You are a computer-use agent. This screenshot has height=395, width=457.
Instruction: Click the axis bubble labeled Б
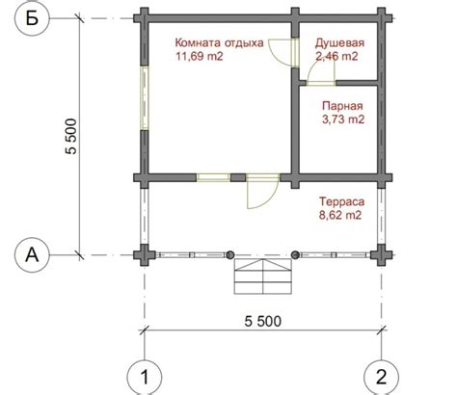[32, 18]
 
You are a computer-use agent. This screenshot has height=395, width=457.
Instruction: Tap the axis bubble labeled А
[32, 255]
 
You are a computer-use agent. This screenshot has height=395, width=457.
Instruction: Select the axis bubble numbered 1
[145, 378]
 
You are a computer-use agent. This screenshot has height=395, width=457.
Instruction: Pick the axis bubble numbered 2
[382, 378]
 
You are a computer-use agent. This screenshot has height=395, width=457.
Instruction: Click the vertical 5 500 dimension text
[71, 137]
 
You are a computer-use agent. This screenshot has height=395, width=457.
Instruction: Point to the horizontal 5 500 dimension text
[263, 321]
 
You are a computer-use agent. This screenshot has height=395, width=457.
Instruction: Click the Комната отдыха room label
[220, 42]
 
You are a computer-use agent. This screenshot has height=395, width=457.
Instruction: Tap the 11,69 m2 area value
[200, 56]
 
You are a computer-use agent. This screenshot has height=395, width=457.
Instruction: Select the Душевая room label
[339, 43]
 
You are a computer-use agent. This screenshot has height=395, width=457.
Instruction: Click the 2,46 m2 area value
[336, 56]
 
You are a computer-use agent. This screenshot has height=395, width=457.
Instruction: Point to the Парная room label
[342, 106]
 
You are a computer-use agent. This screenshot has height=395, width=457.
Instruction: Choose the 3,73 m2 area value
[343, 119]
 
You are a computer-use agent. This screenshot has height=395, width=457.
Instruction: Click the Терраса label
[342, 201]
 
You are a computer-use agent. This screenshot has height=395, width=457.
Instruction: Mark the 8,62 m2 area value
[340, 215]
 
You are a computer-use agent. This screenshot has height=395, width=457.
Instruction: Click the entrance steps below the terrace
[263, 276]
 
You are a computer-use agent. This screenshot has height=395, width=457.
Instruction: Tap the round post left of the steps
[229, 255]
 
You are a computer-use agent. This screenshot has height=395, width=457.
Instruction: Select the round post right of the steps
[295, 255]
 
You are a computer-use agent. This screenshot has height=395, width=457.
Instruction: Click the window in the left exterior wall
[145, 98]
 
